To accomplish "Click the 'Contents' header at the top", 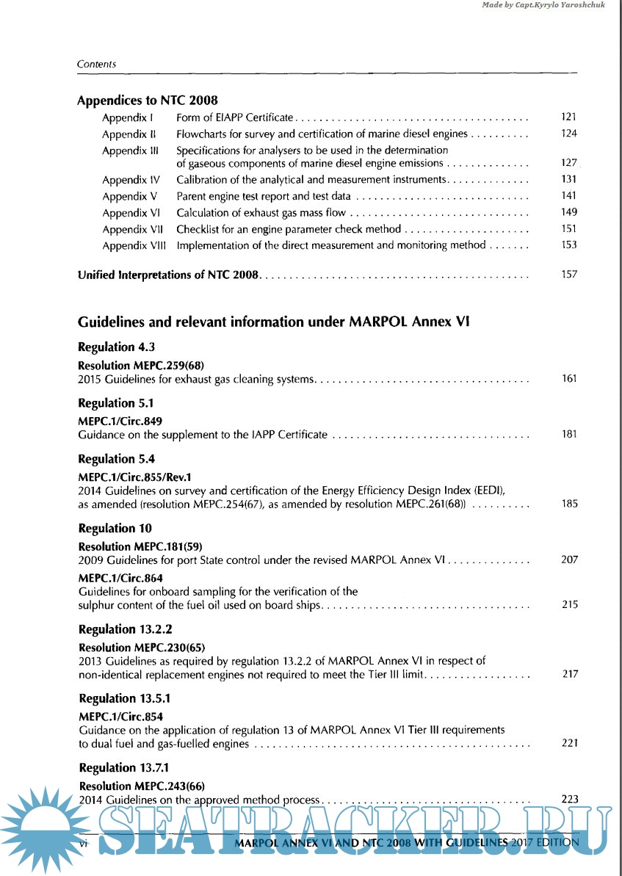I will tap(96, 64).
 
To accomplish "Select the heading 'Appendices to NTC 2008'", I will tap(147, 101).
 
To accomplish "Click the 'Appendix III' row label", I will tap(130, 151).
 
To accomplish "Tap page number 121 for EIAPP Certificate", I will tap(568, 117).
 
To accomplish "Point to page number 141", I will tap(568, 196).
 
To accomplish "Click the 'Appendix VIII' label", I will tap(134, 245).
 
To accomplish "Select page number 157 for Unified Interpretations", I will tap(568, 275).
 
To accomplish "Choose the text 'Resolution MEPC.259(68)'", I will tap(140, 365).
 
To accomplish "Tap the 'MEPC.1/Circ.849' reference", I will tap(120, 421).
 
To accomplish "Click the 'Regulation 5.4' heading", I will tap(106, 459).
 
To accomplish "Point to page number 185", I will tap(569, 504).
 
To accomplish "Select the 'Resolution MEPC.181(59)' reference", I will tap(140, 546).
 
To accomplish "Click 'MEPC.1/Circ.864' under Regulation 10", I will tap(120, 578).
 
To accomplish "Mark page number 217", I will tap(569, 674).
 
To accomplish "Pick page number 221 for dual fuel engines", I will tap(569, 743).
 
